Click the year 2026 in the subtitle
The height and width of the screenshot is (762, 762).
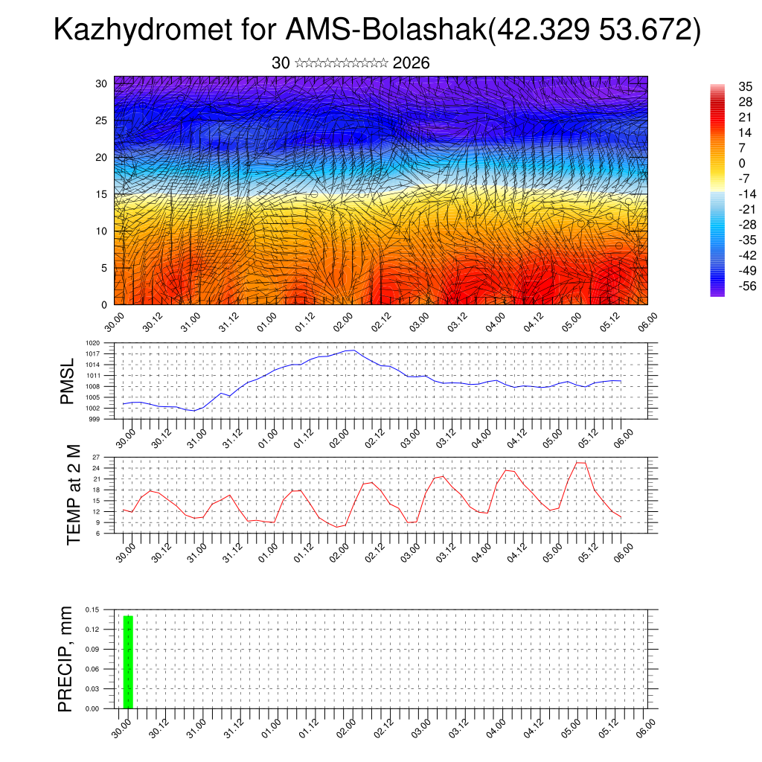(x=411, y=63)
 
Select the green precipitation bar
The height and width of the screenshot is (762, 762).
(x=128, y=662)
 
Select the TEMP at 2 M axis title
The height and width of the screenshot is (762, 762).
(x=73, y=494)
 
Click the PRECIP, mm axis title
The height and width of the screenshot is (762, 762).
(x=65, y=659)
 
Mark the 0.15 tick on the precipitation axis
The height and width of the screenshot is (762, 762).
(x=92, y=609)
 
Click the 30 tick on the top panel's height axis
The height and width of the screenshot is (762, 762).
(x=100, y=83)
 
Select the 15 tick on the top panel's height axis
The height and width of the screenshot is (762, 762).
(x=100, y=194)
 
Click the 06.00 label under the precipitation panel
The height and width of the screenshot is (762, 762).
(x=647, y=729)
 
